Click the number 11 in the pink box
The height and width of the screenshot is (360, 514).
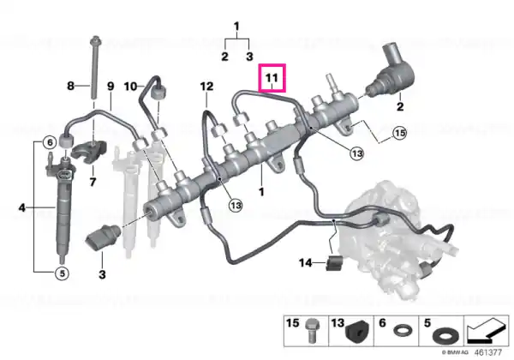point(272,78)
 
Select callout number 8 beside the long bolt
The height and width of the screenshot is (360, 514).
point(70,86)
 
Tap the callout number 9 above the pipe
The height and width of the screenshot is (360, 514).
point(111,87)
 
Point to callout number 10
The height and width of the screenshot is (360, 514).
point(130,87)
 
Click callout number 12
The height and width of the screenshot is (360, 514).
point(206,87)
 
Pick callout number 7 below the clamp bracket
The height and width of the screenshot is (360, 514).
point(93,182)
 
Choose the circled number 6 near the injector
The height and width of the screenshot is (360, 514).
point(50,142)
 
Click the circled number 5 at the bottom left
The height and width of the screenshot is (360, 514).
point(62,273)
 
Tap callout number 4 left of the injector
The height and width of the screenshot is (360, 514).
point(22,207)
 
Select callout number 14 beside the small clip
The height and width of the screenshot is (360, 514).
point(306,263)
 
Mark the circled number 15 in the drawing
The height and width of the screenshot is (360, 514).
point(399,133)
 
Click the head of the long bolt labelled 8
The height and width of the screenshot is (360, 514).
point(96,40)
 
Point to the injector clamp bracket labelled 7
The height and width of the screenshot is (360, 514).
point(89,152)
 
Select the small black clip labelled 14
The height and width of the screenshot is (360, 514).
point(334,262)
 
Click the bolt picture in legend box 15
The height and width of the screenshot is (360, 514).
point(310,331)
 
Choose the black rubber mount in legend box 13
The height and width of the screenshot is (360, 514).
point(357,333)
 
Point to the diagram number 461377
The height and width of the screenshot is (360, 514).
point(487,352)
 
